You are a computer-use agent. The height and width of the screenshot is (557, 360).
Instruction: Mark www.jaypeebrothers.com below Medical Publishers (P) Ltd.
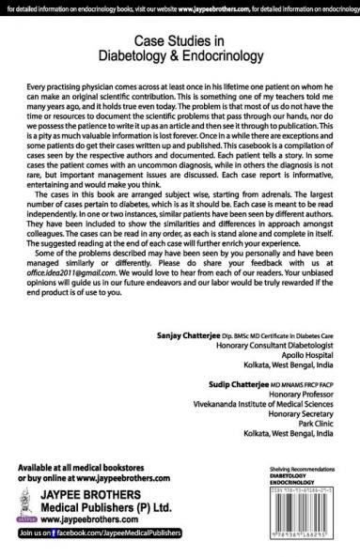[x=83, y=525]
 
